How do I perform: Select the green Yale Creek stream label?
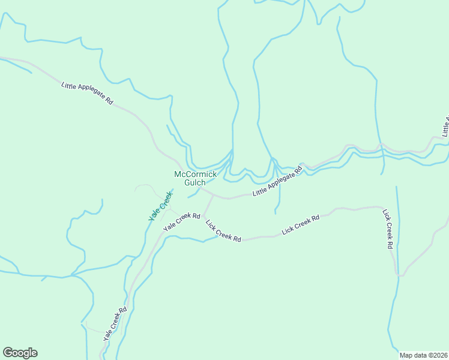pos(160,205)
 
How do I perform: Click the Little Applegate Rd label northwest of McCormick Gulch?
pos(87,94)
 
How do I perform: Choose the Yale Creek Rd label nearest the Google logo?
pos(115,325)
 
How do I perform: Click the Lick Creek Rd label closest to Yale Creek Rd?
pos(223,231)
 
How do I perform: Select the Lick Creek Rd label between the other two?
pos(301,225)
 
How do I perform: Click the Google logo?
pos(20,353)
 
